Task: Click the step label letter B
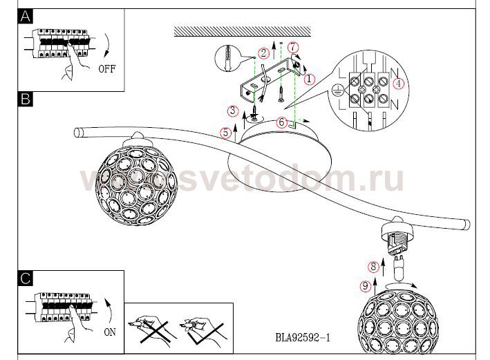click(x=26, y=100)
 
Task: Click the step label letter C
click(x=26, y=279)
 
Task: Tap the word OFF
click(x=107, y=69)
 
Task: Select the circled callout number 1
click(x=309, y=79)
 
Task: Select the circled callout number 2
click(x=263, y=53)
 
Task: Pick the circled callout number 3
click(x=234, y=111)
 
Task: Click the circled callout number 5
click(x=225, y=133)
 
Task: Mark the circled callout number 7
click(x=293, y=47)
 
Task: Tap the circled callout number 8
click(x=373, y=265)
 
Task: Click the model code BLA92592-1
click(x=303, y=339)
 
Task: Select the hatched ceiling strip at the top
click(x=238, y=31)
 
